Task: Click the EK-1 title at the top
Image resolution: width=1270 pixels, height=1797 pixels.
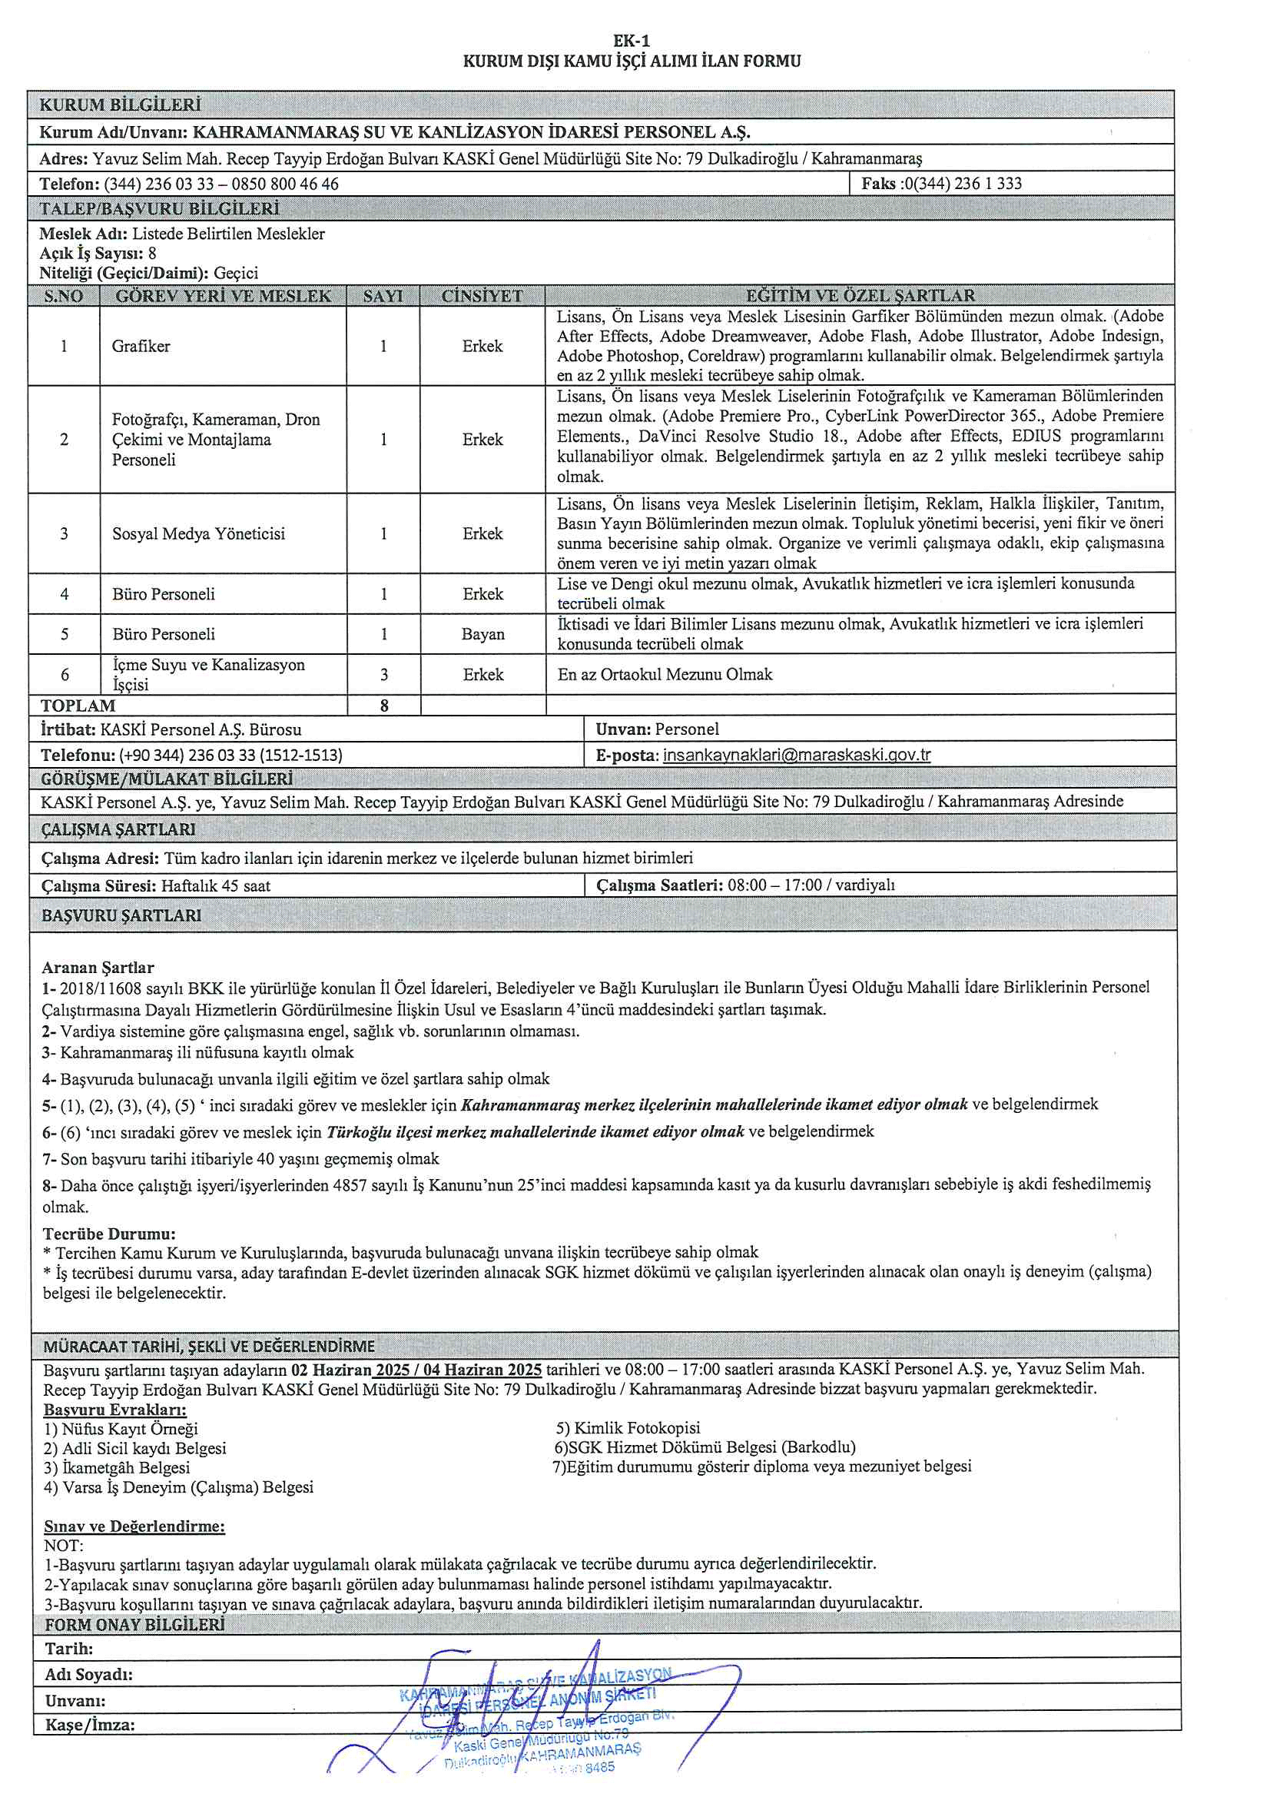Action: [x=632, y=41]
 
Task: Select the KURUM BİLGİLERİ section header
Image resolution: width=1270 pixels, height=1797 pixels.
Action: [x=121, y=105]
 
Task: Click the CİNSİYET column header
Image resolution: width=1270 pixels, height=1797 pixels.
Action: [x=482, y=296]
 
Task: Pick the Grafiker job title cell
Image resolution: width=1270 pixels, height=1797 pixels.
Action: [x=141, y=346]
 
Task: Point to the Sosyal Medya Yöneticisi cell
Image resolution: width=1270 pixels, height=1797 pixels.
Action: [x=199, y=533]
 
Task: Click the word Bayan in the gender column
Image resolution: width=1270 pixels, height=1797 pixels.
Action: [x=482, y=634]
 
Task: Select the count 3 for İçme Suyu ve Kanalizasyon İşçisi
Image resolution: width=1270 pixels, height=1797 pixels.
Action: [x=383, y=675]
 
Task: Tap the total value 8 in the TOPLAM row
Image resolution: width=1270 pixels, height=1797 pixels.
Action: [x=383, y=706]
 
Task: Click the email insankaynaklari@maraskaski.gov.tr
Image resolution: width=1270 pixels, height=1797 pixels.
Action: [x=797, y=756]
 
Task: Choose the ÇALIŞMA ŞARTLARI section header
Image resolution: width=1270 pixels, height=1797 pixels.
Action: [x=118, y=829]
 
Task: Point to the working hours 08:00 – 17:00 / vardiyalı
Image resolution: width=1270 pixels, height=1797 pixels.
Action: [x=811, y=885]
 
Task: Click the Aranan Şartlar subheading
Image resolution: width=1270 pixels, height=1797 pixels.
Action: [x=98, y=968]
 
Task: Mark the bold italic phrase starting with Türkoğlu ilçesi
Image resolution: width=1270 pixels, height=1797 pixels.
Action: [x=536, y=1131]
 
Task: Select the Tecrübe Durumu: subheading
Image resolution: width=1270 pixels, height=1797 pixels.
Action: [x=109, y=1234]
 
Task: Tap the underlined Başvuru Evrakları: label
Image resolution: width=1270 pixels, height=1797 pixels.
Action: [x=115, y=1410]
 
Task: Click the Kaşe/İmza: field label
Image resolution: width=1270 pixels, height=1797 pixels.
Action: [x=90, y=1725]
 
